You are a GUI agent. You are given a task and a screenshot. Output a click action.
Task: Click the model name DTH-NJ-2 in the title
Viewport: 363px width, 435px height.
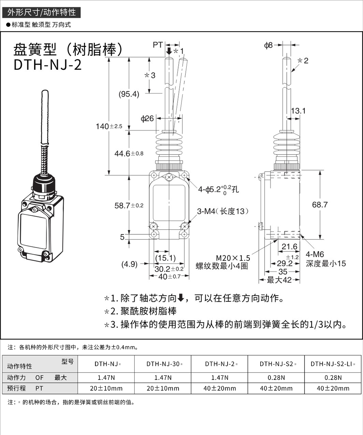(x=48, y=65)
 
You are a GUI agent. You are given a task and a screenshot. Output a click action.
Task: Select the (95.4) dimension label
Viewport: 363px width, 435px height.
(x=129, y=94)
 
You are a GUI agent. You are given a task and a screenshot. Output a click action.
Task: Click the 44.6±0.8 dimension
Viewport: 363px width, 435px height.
(x=129, y=153)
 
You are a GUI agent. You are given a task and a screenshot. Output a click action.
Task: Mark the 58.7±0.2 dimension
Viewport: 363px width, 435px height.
(x=129, y=205)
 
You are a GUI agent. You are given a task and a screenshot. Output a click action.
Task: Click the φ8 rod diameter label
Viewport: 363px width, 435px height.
(x=268, y=45)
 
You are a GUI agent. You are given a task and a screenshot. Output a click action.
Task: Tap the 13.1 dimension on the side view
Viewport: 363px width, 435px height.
(x=298, y=111)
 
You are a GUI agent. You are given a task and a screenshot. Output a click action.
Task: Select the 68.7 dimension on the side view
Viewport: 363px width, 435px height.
(x=320, y=205)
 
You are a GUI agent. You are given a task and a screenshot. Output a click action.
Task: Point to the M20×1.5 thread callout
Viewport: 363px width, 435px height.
(x=233, y=258)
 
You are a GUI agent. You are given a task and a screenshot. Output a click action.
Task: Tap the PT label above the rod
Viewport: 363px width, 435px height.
(x=158, y=45)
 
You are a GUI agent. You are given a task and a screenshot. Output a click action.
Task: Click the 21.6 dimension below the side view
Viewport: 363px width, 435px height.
(x=289, y=247)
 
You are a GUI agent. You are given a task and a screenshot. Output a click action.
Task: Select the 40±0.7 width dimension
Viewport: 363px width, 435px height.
(x=169, y=277)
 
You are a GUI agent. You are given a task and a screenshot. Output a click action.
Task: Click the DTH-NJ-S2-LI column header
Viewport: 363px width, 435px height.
(x=333, y=364)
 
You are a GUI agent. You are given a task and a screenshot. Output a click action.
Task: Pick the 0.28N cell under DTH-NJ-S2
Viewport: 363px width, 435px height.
(x=276, y=377)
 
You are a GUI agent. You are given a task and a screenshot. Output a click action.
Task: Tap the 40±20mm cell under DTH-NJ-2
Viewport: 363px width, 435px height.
(x=219, y=388)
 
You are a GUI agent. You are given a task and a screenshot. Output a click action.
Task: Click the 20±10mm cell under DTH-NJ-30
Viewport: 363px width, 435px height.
(x=163, y=388)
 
